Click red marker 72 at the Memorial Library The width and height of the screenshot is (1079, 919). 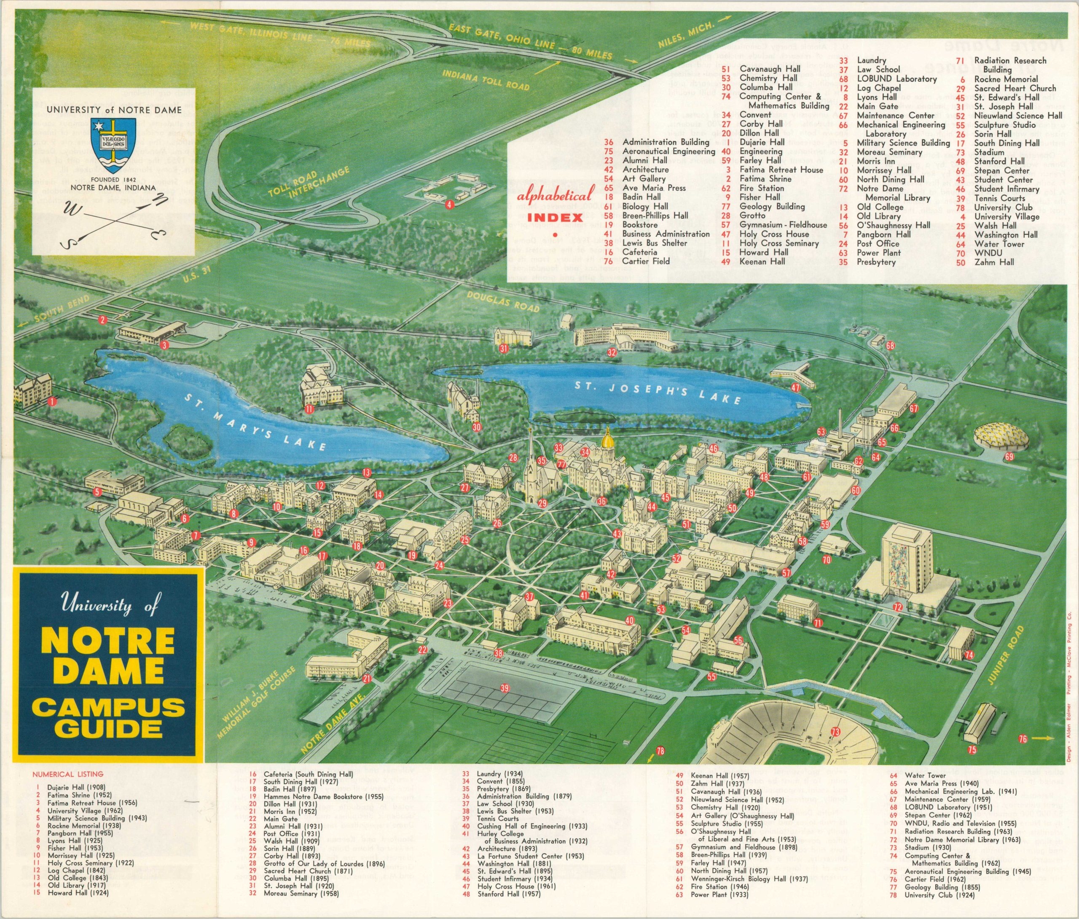tap(897, 607)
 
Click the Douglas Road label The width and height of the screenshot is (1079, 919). tap(503, 301)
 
